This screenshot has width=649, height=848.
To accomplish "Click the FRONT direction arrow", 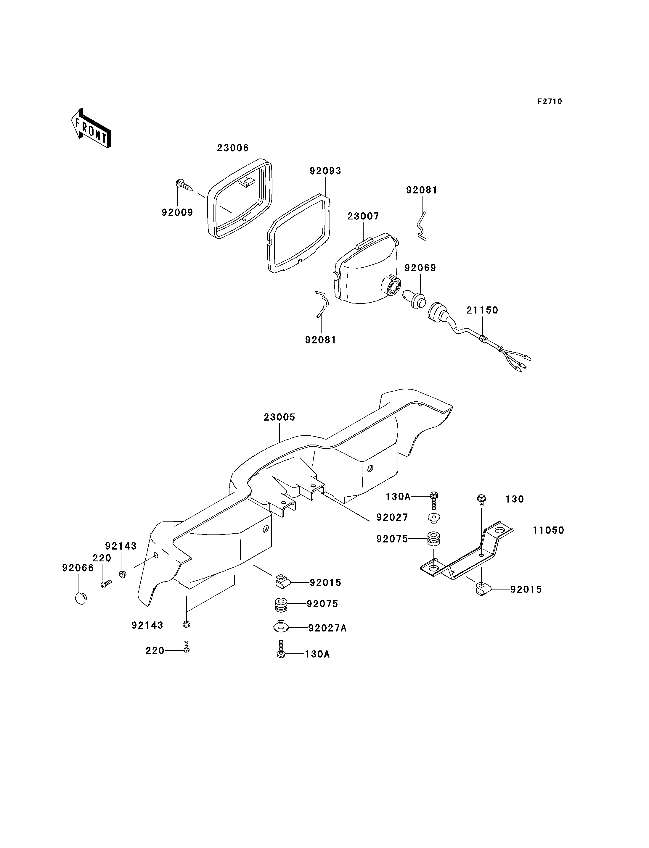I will pos(91,128).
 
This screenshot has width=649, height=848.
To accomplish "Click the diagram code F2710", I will pos(550,101).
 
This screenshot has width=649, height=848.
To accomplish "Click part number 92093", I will pos(325,171).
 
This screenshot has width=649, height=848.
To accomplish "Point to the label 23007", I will pos(363,217).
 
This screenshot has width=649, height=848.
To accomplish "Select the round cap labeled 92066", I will pos(81,598).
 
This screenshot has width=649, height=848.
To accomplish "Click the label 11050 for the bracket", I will pos(549,530).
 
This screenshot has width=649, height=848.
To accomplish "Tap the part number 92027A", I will pos(327,628).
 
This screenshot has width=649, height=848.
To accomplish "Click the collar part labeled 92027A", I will pos(281,626).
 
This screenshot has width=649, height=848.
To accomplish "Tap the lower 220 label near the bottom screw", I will pos(155,651).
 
